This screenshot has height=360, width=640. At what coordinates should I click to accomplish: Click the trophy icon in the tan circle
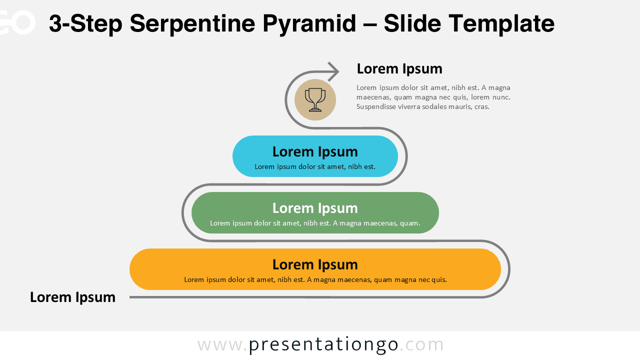tap(315, 99)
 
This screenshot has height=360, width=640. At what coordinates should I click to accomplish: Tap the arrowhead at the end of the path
tap(334, 71)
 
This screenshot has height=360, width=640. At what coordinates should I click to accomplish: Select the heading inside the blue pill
tap(315, 151)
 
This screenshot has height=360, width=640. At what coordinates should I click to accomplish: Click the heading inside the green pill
tap(315, 208)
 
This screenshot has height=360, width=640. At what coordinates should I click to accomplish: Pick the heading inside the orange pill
tap(315, 264)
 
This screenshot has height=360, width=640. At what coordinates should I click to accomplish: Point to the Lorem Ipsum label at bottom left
tap(72, 297)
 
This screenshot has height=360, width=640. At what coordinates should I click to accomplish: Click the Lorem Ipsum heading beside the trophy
tap(399, 68)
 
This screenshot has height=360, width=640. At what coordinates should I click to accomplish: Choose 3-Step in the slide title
tap(85, 23)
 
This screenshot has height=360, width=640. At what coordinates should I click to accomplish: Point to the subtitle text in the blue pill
tap(315, 166)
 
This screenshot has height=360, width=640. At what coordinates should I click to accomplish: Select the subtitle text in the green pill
tap(315, 223)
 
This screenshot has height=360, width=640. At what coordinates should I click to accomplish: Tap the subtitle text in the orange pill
tap(315, 279)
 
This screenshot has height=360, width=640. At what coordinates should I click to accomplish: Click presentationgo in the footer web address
tap(323, 344)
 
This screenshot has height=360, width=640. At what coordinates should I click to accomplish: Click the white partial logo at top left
tap(17, 22)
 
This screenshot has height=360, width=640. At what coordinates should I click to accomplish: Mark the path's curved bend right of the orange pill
tap(508, 269)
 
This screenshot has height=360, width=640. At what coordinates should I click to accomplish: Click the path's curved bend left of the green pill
tap(183, 212)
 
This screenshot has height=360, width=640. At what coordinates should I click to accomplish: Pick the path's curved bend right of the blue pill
tap(406, 156)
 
